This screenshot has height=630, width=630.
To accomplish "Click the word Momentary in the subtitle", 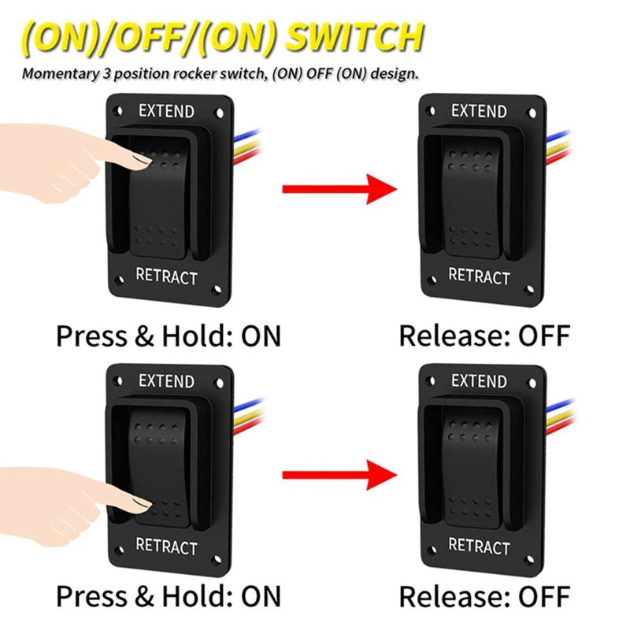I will point(56,75).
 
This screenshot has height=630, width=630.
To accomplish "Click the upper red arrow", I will point(338,188).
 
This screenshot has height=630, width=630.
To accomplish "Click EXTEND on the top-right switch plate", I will point(479,110).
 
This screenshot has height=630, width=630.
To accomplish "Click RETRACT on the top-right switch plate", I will point(479,276).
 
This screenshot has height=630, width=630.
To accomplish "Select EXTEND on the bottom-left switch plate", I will point(166,381).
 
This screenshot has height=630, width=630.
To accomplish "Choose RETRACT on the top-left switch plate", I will point(166,276).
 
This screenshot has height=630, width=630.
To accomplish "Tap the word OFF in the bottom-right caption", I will point(543,596).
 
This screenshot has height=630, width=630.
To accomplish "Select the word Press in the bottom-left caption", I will point(90,596).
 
